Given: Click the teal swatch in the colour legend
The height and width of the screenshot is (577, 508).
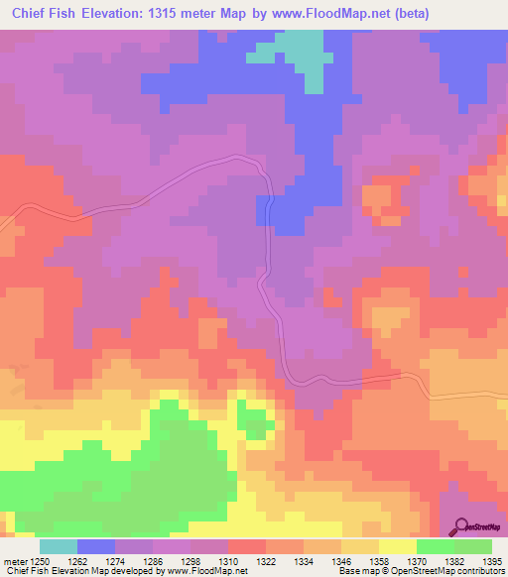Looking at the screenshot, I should [59, 546].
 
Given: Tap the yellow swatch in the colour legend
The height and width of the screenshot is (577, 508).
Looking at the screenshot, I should [398, 546].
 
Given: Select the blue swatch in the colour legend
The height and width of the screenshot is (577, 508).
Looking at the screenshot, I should [96, 546].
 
